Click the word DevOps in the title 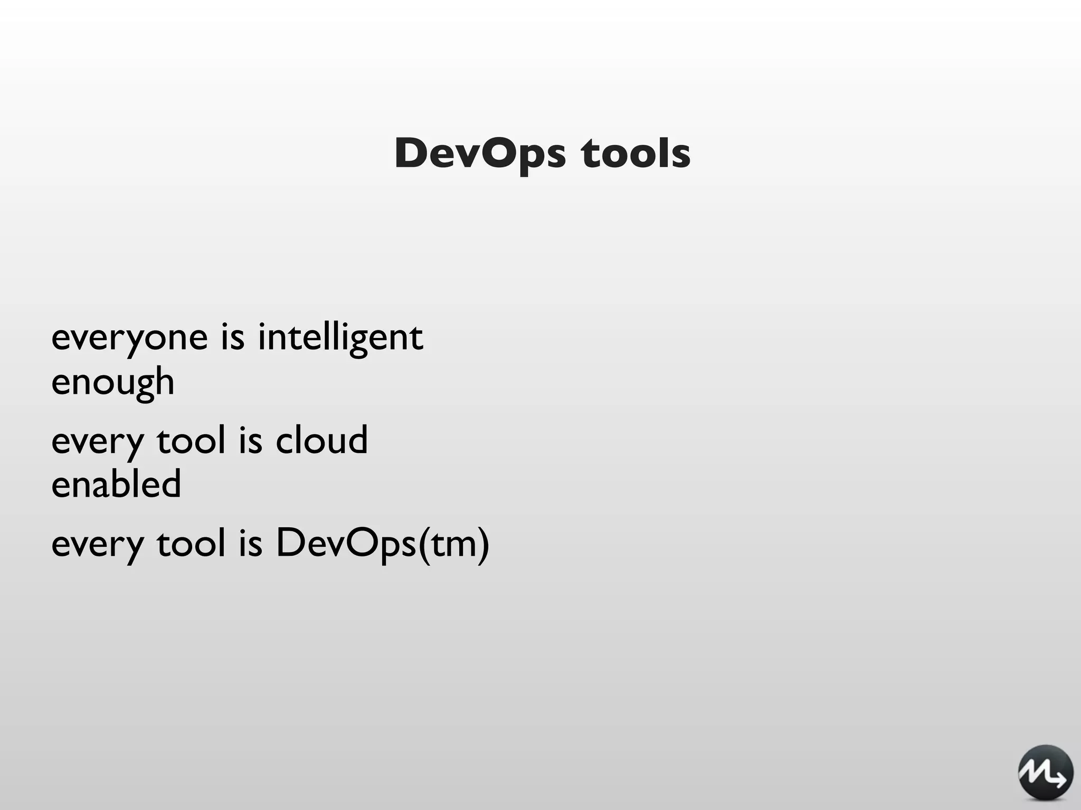click(x=480, y=153)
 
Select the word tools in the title click(x=636, y=153)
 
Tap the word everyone click(x=130, y=338)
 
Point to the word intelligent click(x=340, y=338)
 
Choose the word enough click(x=113, y=382)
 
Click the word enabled click(x=116, y=484)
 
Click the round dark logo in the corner click(x=1045, y=773)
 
